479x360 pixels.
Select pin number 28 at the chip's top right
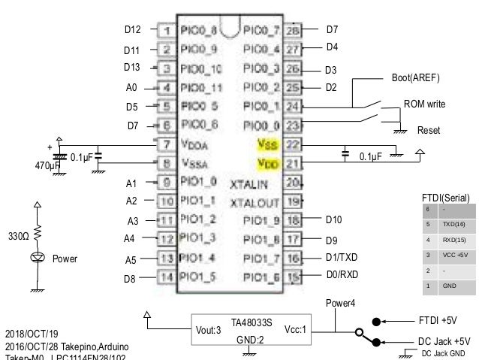pos(293,31)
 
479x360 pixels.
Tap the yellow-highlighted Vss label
pos(267,144)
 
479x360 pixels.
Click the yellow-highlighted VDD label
pos(267,162)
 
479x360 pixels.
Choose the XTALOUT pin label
pos(255,202)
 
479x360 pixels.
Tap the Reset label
pos(428,131)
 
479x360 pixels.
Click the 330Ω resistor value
pos(18,236)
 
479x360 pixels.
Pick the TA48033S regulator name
pos(251,322)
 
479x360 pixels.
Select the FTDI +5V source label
pos(437,319)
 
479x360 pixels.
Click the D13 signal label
pos(132,68)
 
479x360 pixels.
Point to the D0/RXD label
pos(342,277)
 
